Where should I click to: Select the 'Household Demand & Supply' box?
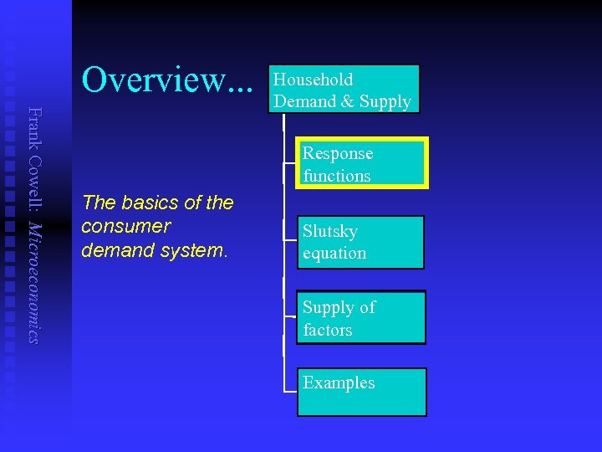[344, 90]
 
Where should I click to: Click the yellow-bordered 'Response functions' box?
[362, 163]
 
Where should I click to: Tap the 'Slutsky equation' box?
[360, 242]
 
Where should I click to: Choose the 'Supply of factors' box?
[360, 317]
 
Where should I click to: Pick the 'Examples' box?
[361, 392]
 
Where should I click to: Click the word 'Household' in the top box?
[314, 80]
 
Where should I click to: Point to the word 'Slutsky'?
[329, 231]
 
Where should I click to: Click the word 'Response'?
[338, 153]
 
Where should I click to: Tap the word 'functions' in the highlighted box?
[336, 176]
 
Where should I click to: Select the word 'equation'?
[334, 253]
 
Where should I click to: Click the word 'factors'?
[327, 330]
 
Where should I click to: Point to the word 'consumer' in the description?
[125, 227]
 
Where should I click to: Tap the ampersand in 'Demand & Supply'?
[346, 102]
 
